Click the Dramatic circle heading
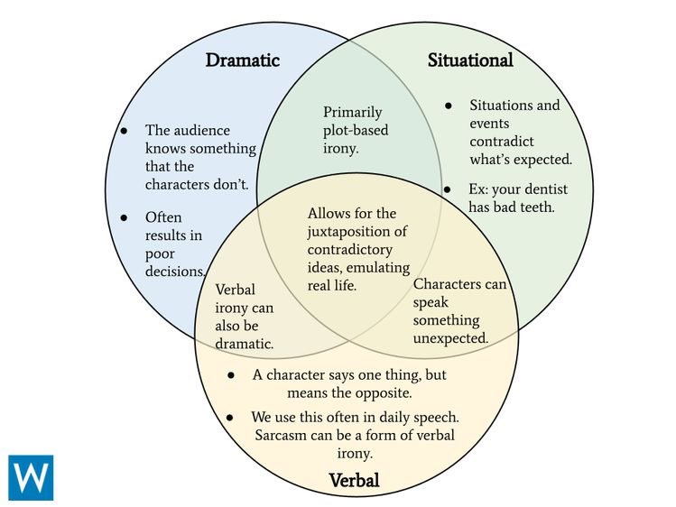coord(242,60)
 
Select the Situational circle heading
coord(469,60)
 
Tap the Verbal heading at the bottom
coord(353,480)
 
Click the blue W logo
coord(31,477)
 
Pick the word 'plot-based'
coord(356,130)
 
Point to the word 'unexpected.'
coord(450,338)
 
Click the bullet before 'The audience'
coord(125,131)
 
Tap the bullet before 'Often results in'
coord(125,217)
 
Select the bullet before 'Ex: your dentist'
coord(448,189)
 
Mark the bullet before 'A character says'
coord(232,375)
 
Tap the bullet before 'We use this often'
coord(232,418)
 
